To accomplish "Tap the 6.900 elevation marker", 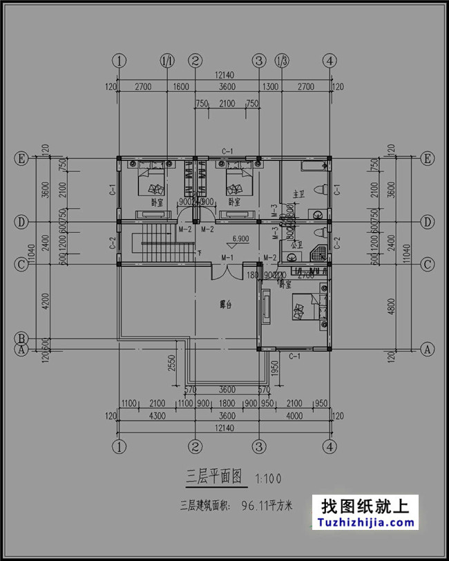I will click(x=241, y=239).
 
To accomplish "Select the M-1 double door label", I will click(x=227, y=258).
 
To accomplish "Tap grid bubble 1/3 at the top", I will click(x=282, y=61).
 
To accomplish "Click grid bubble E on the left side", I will click(x=21, y=159).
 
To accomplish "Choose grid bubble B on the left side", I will click(x=21, y=339).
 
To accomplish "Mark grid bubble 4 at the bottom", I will click(x=331, y=446).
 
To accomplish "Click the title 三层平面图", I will click(x=213, y=476).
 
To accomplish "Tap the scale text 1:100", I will click(x=268, y=478).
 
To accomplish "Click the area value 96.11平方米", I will click(x=266, y=506).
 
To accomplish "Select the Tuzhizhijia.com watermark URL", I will click(x=364, y=523).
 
